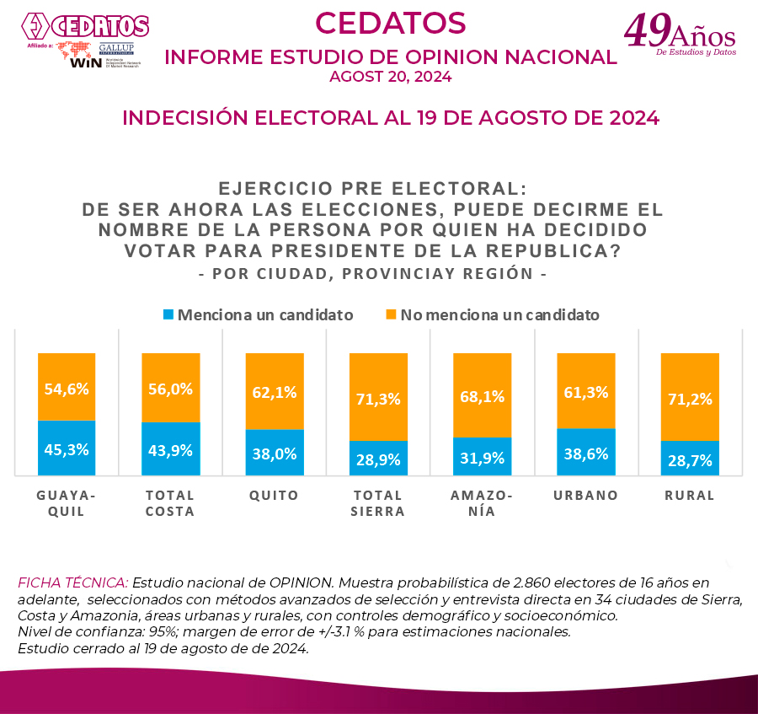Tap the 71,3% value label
click(378, 399)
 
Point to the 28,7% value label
click(690, 460)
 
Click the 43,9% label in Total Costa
click(170, 450)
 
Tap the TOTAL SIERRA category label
click(378, 503)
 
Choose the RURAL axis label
click(690, 496)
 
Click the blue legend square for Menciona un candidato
click(168, 315)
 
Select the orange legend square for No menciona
click(391, 315)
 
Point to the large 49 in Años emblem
click(647, 30)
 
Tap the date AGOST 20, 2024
click(390, 77)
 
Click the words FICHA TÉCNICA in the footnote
click(72, 582)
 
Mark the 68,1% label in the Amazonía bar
click(482, 395)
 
